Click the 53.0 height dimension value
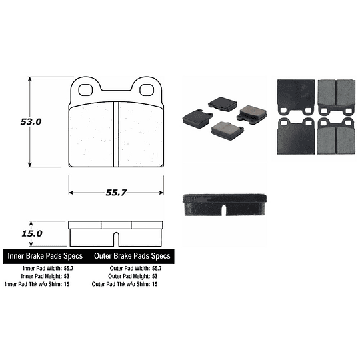tap(31, 123)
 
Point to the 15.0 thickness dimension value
tap(31, 234)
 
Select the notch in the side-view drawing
tap(117, 237)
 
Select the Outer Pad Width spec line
tap(135, 269)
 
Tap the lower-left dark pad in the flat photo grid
tap(295, 137)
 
